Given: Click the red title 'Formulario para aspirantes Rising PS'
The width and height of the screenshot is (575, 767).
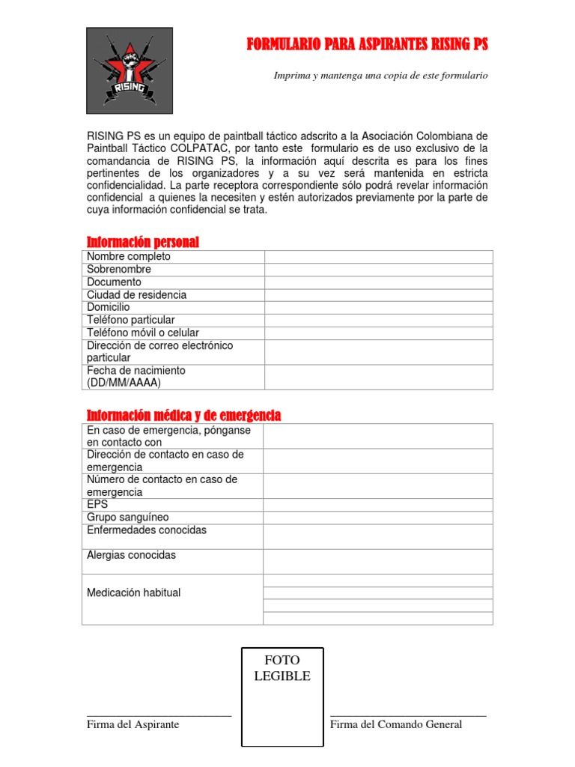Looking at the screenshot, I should (x=367, y=45).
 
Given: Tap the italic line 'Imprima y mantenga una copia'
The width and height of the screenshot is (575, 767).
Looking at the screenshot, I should (x=380, y=76).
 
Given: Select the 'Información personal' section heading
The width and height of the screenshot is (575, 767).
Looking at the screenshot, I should (x=143, y=242).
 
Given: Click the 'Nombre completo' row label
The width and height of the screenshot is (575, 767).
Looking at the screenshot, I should (x=129, y=256).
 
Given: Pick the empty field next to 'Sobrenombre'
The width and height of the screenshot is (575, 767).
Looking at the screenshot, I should (x=378, y=269).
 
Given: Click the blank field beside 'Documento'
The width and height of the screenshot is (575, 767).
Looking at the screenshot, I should (x=378, y=282).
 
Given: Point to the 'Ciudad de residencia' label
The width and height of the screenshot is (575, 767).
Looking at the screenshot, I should (x=136, y=294).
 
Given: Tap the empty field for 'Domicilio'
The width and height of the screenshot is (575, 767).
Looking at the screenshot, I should (x=378, y=307).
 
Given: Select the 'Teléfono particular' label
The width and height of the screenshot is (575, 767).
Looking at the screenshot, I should (x=130, y=320).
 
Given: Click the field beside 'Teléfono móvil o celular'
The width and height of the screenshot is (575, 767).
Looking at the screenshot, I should (x=378, y=333).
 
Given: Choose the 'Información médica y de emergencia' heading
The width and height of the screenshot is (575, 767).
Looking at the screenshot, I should (x=183, y=415).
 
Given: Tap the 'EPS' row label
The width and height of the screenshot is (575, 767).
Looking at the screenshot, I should (x=97, y=505).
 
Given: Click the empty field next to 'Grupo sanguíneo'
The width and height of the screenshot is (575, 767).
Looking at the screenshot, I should (x=378, y=518).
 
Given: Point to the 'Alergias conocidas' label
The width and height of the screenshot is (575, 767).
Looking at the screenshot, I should (x=131, y=555).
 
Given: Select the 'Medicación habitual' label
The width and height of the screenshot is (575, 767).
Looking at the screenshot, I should (x=133, y=592).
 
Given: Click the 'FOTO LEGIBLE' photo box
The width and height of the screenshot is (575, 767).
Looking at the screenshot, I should (x=282, y=697).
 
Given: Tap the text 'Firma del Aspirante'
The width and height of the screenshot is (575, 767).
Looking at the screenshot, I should (x=133, y=724).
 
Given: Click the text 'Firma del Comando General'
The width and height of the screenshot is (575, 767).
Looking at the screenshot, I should (x=396, y=724).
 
